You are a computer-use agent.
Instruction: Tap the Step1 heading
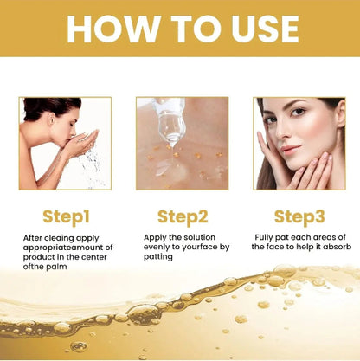pos(65,216)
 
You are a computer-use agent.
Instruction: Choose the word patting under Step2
pos(158,256)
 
